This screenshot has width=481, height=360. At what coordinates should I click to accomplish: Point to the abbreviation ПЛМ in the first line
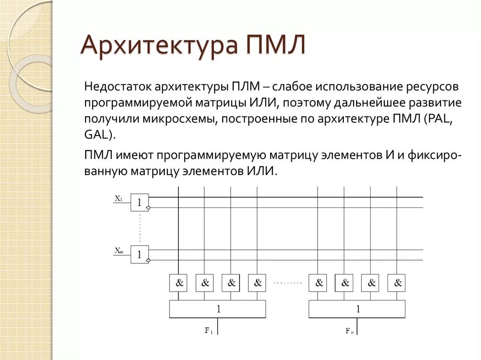coord(244,87)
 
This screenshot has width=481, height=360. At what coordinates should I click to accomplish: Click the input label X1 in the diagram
coord(118,199)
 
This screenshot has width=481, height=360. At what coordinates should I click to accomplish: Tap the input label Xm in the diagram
coord(118,251)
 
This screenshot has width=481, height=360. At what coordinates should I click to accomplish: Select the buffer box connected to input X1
coord(140,202)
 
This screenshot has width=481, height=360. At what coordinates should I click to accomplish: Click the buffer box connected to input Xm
coord(140,254)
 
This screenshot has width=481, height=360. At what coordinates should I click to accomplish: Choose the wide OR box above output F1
coord(217,309)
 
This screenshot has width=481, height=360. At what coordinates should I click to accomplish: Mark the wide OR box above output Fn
coord(357,309)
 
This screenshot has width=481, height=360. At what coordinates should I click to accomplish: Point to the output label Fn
coord(349,331)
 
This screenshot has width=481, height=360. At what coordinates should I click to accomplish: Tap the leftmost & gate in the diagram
coord(178,283)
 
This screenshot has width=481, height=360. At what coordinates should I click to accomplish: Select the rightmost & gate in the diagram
coord(396,283)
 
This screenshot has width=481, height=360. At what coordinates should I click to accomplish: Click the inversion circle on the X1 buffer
coord(149,207)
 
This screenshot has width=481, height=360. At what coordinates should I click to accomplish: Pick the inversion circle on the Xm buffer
coord(149,260)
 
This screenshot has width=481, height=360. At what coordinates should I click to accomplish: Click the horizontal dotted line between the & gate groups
coord(287,283)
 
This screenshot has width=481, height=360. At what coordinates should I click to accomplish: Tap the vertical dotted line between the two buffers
coord(140,228)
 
